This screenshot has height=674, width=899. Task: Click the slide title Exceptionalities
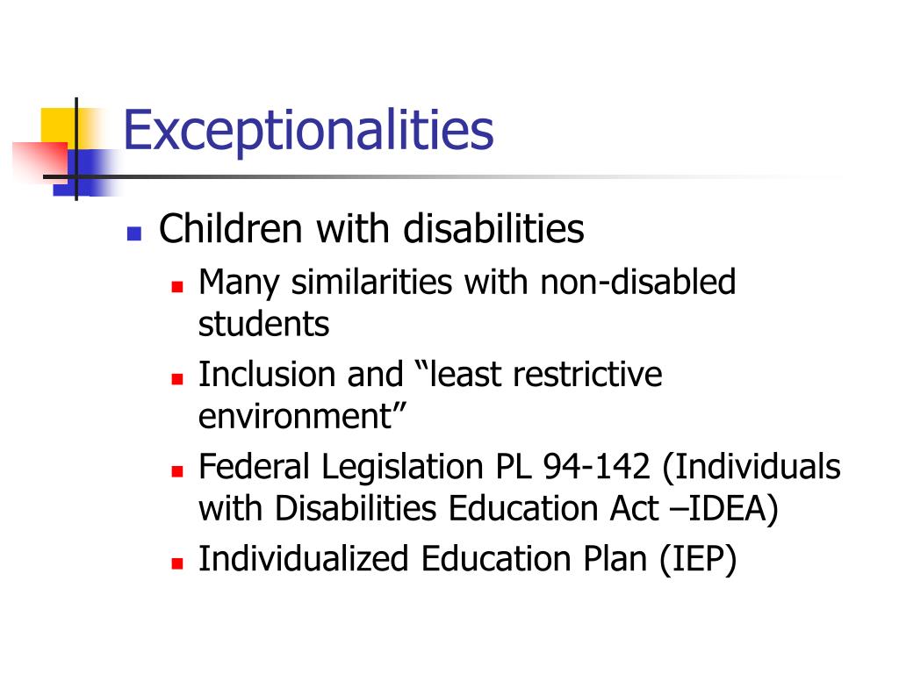tap(308, 129)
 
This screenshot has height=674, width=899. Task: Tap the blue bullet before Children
tap(133, 234)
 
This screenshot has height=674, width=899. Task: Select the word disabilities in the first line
tap(493, 230)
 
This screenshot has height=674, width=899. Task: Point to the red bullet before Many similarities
tap(176, 287)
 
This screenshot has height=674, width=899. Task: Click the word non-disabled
tap(637, 283)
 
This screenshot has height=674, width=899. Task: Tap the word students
tap(263, 325)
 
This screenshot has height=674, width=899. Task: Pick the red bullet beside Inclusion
tap(176, 379)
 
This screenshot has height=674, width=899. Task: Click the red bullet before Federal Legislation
tap(176, 471)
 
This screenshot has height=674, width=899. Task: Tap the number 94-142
tap(597, 467)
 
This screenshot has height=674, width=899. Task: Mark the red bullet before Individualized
tap(176, 563)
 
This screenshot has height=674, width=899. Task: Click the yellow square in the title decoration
tap(58, 126)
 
